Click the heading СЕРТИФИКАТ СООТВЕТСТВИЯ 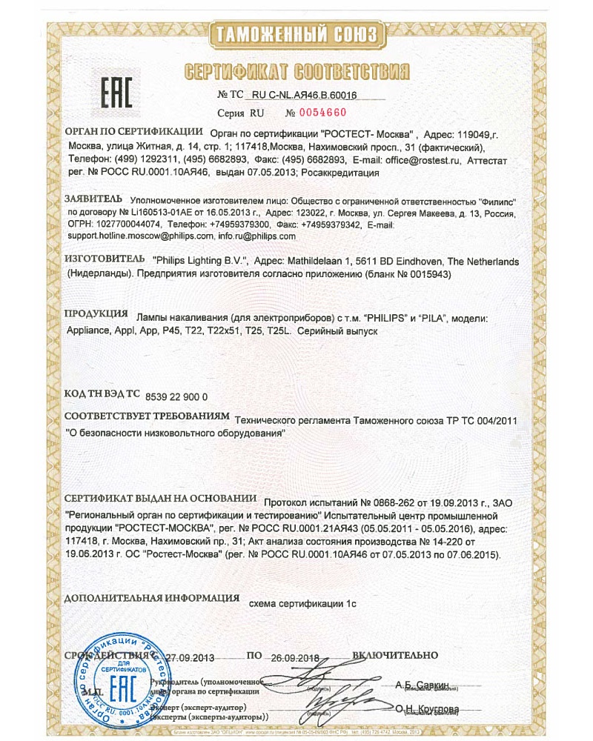click(x=296, y=72)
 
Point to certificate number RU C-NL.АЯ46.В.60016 click(x=305, y=95)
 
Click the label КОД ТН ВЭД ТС click(x=102, y=396)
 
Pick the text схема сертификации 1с click(x=303, y=603)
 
